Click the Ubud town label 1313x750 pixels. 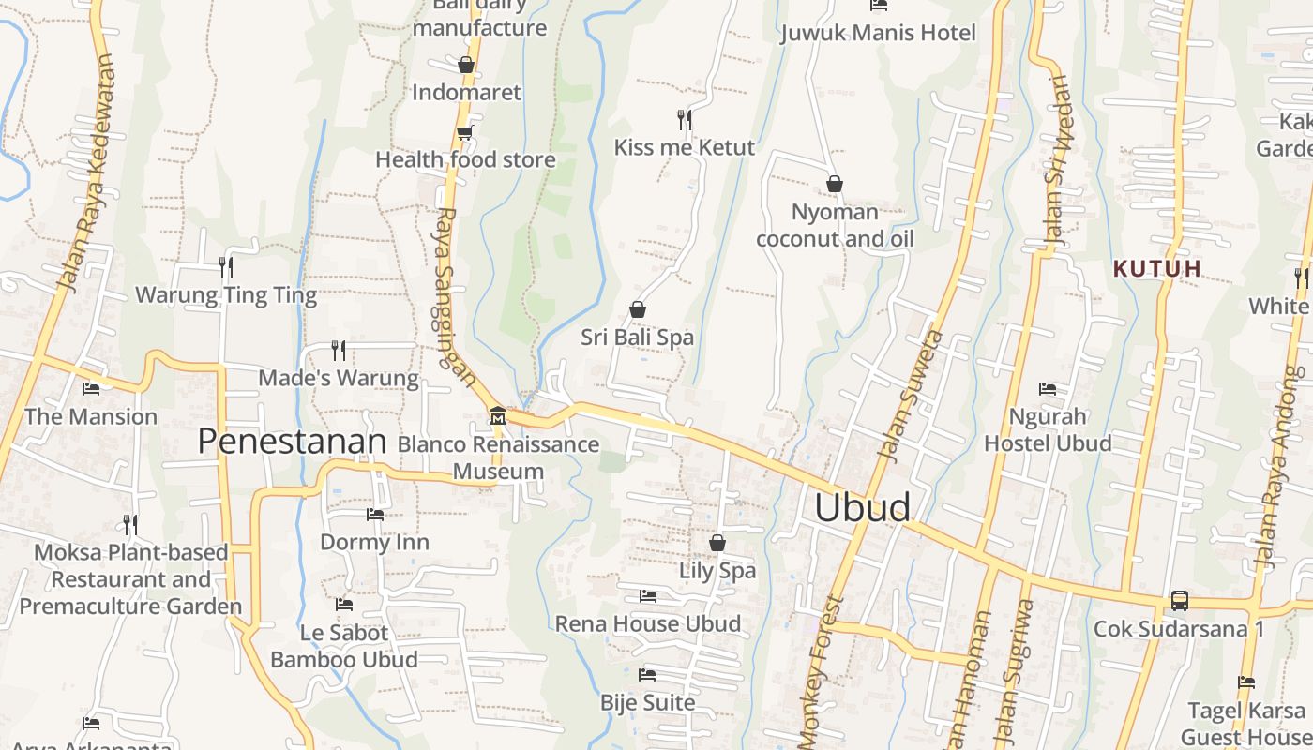click(x=862, y=507)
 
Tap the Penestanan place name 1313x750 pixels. click(x=292, y=442)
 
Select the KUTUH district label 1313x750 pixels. click(x=1156, y=269)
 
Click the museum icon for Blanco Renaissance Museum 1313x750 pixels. click(x=498, y=415)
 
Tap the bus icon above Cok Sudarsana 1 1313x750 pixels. click(x=1179, y=601)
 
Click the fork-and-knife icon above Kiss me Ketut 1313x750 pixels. click(x=685, y=119)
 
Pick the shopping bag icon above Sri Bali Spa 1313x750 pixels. click(x=638, y=308)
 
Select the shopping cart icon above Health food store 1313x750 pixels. click(x=465, y=132)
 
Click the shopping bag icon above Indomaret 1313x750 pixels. click(x=465, y=65)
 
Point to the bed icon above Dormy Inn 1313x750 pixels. click(x=375, y=514)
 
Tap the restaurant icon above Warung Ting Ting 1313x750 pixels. click(x=226, y=267)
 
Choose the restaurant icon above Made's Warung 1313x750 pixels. click(x=339, y=351)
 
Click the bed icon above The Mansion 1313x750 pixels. click(x=91, y=388)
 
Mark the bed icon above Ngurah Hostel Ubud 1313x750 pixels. click(x=1048, y=388)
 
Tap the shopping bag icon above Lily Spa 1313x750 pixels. click(x=717, y=543)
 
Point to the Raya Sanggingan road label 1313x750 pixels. click(x=453, y=295)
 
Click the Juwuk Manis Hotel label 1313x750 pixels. click(x=879, y=33)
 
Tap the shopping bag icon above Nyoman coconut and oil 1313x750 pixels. click(x=835, y=184)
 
